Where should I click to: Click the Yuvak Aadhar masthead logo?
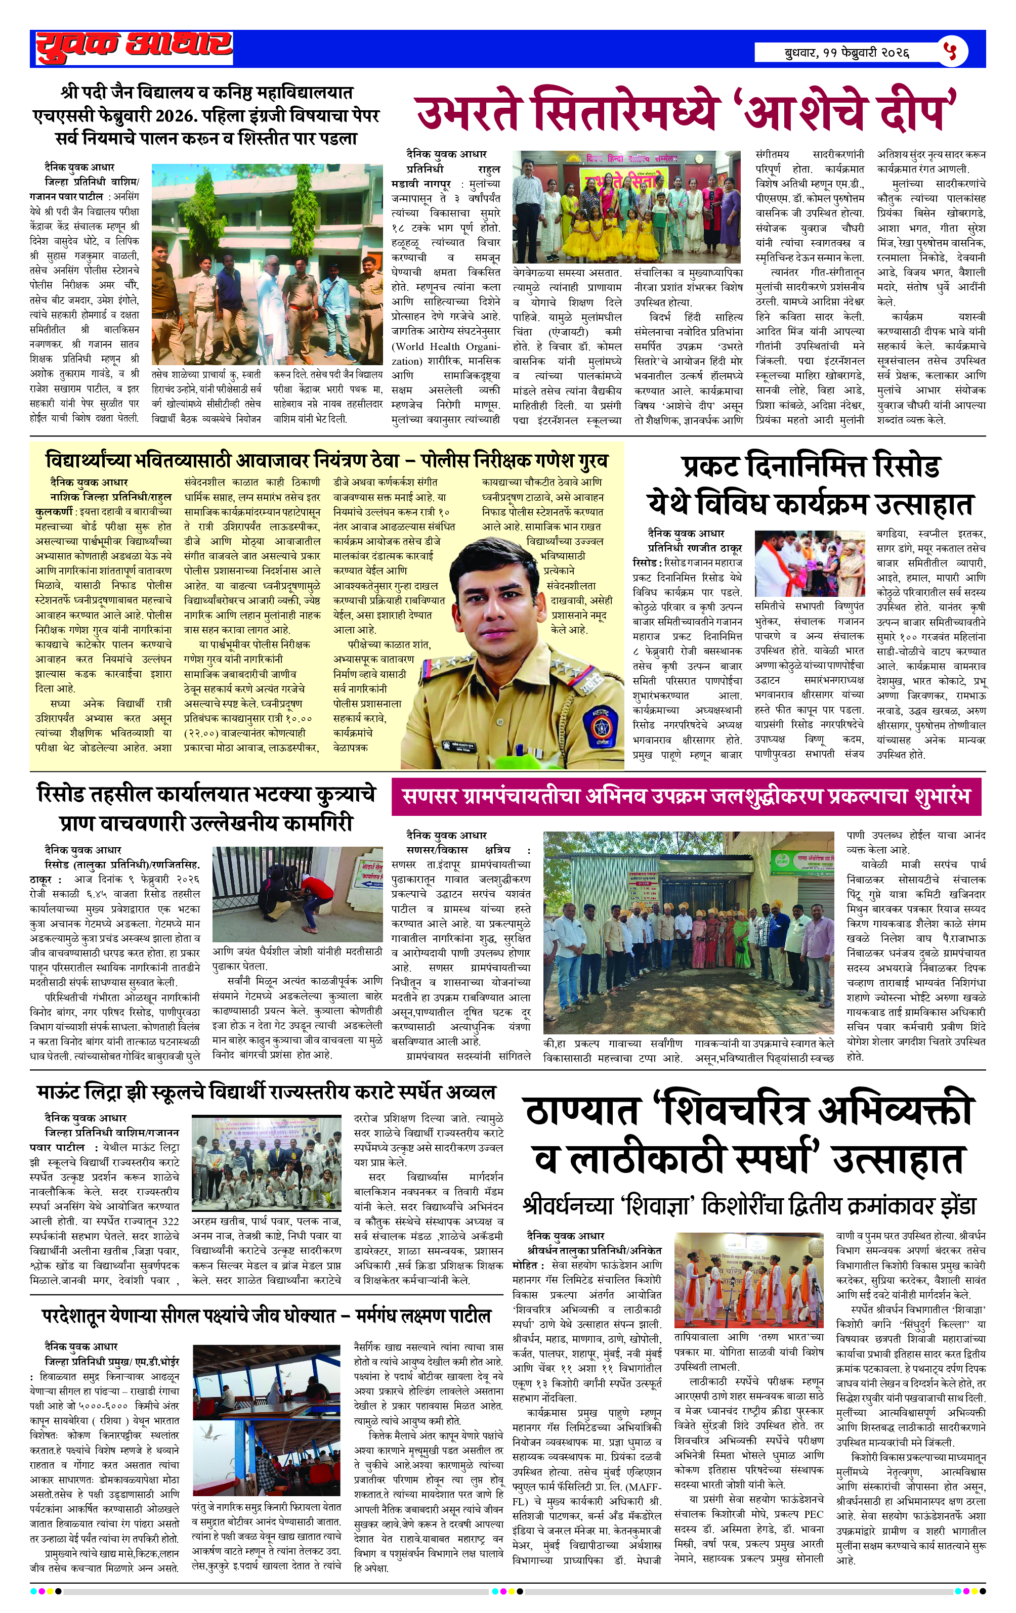134,47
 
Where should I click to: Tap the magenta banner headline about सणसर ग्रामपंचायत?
686,797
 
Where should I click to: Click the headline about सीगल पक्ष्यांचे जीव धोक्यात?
267,1318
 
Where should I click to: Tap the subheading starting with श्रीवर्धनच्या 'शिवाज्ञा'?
749,1206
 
